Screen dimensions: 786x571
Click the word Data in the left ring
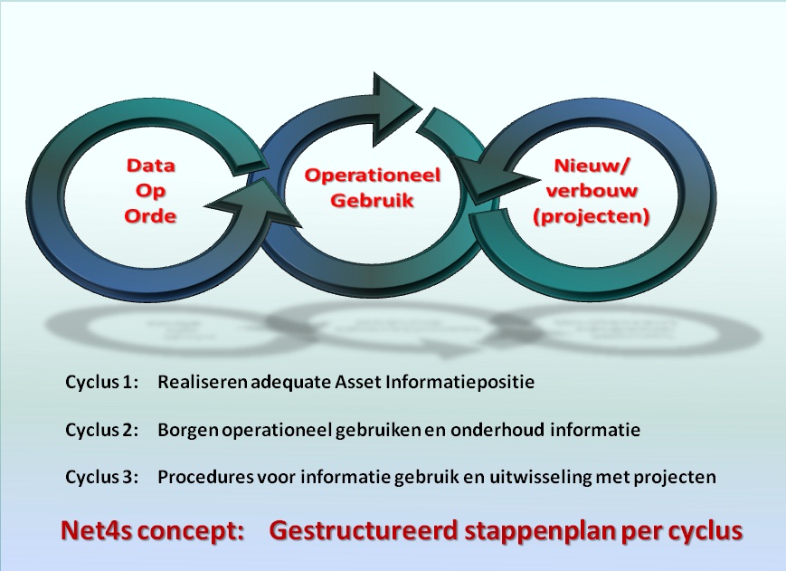(150, 165)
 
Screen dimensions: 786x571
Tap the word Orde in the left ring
(150, 216)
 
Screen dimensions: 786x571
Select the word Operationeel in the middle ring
(373, 176)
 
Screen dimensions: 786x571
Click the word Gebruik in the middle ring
(373, 201)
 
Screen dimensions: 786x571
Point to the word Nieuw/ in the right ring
(591, 166)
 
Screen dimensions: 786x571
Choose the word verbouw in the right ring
(592, 191)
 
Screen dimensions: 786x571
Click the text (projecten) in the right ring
(592, 216)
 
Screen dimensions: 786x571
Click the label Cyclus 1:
(101, 382)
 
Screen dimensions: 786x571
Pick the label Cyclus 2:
(101, 430)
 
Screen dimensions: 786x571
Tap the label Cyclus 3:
(101, 477)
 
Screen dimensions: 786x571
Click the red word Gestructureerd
(364, 530)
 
